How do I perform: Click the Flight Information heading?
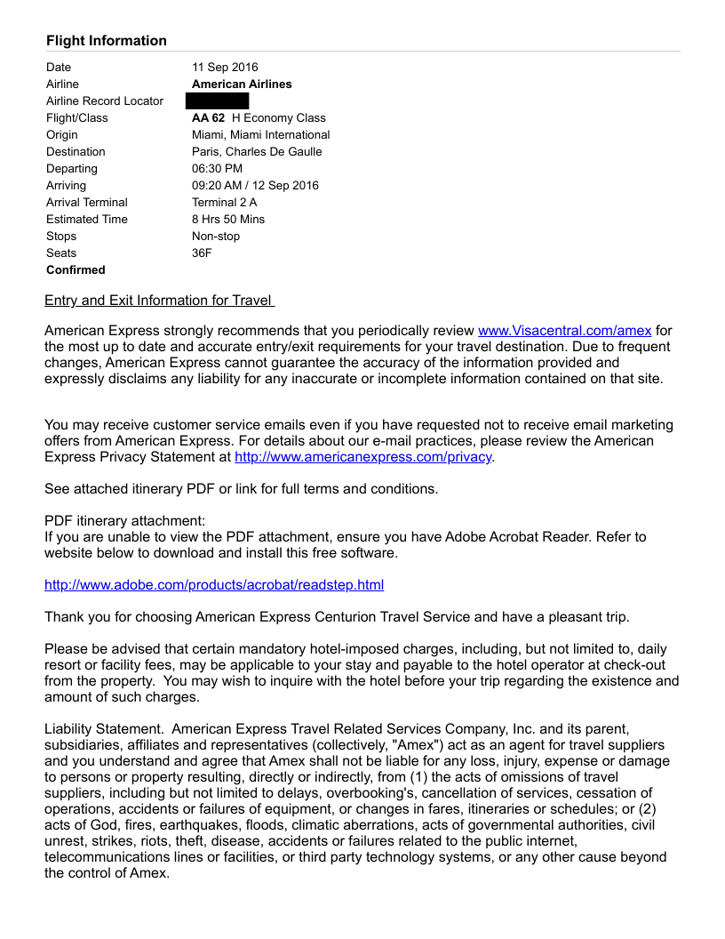pos(107,41)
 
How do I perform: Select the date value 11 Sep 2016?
pos(225,68)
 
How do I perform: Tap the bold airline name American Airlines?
pos(242,84)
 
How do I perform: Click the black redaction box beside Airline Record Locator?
pos(223,101)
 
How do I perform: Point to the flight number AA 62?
pos(209,118)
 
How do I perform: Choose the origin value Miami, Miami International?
pos(260,135)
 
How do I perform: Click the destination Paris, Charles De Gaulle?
pos(257,152)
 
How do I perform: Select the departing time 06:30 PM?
pos(217,169)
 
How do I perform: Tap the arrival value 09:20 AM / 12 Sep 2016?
pos(255,186)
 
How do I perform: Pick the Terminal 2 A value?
pos(224,203)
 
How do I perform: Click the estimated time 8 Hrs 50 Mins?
pos(228,220)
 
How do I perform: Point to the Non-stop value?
pos(216,237)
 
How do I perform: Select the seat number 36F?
pos(202,253)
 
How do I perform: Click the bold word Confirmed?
pos(76,270)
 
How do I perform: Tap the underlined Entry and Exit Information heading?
pos(159,301)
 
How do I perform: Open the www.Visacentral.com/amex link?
pos(564,331)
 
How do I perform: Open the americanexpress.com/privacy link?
pos(362,457)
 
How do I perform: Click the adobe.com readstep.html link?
pos(214,585)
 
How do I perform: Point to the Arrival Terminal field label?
pos(87,203)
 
